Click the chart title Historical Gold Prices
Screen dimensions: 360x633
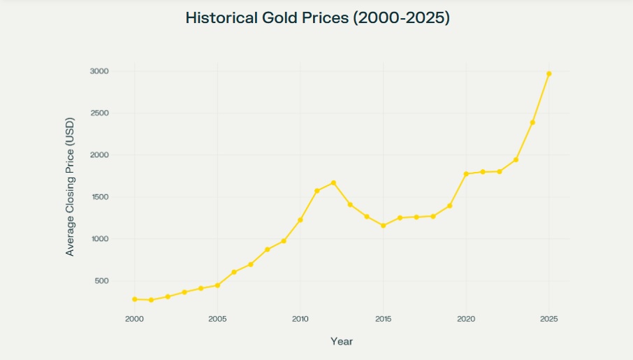point(317,18)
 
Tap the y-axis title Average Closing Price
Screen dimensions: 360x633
point(70,186)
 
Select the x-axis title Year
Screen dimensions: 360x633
point(342,342)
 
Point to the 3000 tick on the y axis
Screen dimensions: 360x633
point(99,71)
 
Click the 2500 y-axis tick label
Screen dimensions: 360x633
point(99,113)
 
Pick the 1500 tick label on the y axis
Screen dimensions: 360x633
point(99,197)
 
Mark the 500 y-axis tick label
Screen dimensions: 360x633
point(101,281)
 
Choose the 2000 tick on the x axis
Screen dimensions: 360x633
point(134,319)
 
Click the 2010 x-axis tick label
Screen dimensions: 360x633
point(300,319)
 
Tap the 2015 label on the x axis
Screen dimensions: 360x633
point(383,319)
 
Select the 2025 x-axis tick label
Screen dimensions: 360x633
point(549,319)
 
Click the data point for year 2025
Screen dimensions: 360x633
point(549,73)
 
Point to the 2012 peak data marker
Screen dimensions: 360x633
point(333,182)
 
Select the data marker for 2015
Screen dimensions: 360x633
point(383,225)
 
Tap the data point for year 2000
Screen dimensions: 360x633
point(134,299)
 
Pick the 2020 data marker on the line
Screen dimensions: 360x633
point(466,174)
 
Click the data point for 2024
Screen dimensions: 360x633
point(532,122)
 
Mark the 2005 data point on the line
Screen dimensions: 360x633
point(217,285)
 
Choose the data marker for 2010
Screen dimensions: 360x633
point(300,219)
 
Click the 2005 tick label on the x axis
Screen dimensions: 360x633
point(217,319)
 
